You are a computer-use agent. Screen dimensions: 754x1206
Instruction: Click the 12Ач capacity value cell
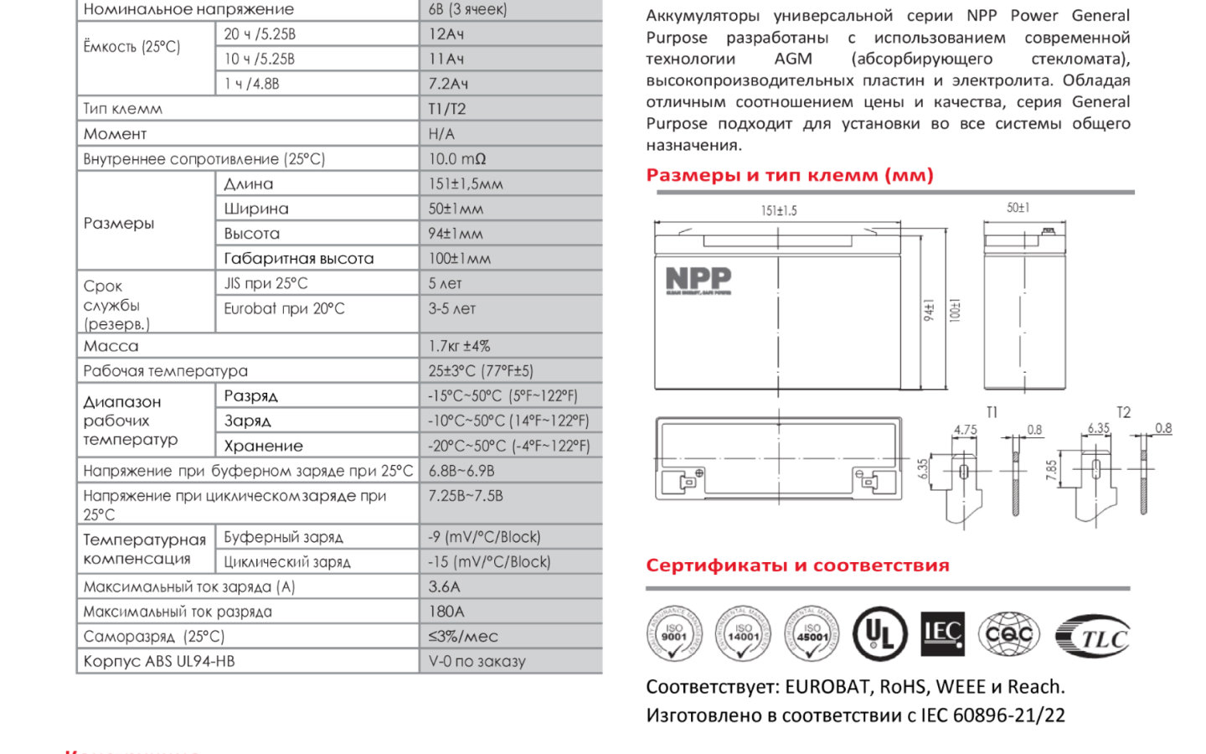[446, 34]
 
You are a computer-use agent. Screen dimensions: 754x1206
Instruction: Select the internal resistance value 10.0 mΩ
[457, 159]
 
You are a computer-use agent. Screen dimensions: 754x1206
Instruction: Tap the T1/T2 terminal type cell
[447, 109]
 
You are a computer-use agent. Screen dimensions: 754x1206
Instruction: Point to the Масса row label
[111, 346]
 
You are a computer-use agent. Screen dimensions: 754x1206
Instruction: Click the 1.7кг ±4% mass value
[459, 346]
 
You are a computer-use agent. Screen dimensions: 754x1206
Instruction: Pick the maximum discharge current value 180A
[446, 612]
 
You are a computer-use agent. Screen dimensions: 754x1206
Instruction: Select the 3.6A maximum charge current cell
[445, 586]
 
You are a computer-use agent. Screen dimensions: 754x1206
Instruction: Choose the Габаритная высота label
[299, 259]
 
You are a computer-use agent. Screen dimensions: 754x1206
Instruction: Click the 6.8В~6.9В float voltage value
[461, 471]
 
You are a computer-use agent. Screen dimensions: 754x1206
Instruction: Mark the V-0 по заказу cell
[477, 661]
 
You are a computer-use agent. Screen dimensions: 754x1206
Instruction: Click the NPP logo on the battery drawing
[698, 280]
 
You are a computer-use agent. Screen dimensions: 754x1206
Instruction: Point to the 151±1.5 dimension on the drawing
[779, 210]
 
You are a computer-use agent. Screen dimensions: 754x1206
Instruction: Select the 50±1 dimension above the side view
[1018, 207]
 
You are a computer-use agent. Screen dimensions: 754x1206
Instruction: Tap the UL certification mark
[879, 634]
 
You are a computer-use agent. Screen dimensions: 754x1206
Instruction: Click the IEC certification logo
[942, 633]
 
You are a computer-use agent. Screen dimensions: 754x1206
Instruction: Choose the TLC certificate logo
[1093, 638]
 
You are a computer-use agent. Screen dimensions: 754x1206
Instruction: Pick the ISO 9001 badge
[673, 634]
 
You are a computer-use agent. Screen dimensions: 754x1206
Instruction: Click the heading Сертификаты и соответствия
[797, 565]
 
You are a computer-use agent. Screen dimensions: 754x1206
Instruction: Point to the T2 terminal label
[1124, 412]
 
